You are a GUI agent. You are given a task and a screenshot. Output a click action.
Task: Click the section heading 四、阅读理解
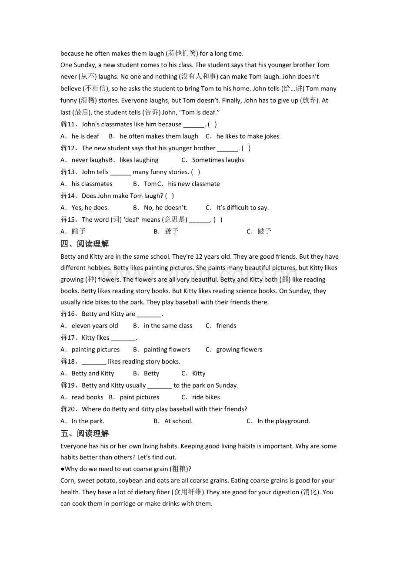pyautogui.click(x=85, y=243)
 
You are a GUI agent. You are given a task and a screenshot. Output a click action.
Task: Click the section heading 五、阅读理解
pyautogui.click(x=85, y=433)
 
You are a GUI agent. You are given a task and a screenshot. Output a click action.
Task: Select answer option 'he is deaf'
pyautogui.click(x=85, y=136)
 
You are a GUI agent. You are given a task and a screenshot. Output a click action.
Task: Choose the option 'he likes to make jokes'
pyautogui.click(x=247, y=136)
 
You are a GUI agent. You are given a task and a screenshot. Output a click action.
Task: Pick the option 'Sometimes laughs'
pyautogui.click(x=218, y=160)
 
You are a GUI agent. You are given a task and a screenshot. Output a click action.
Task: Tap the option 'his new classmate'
pyautogui.click(x=193, y=184)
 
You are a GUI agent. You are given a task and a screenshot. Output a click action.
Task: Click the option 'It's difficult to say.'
pyautogui.click(x=242, y=208)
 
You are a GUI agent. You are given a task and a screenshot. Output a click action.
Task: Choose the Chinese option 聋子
pyautogui.click(x=171, y=231)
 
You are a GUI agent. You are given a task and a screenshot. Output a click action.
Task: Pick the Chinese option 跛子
pyautogui.click(x=264, y=231)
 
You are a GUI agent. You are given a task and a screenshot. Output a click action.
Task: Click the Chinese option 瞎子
pyautogui.click(x=79, y=231)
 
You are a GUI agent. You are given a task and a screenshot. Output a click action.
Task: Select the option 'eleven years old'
pyautogui.click(x=94, y=326)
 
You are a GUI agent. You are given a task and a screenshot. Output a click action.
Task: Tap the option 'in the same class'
pyautogui.click(x=168, y=326)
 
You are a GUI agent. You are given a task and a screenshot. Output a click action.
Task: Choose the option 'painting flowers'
pyautogui.click(x=167, y=350)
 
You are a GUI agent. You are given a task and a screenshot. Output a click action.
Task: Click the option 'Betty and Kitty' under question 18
pyautogui.click(x=93, y=373)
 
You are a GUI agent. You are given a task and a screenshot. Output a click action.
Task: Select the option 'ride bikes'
pyautogui.click(x=206, y=397)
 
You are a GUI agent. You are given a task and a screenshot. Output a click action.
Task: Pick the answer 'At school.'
pyautogui.click(x=178, y=421)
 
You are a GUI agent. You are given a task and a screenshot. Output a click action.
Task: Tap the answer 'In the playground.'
pyautogui.click(x=283, y=421)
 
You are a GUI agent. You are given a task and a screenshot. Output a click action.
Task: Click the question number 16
pyautogui.click(x=71, y=314)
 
